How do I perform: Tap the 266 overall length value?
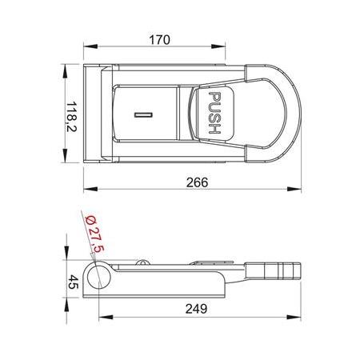193,182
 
